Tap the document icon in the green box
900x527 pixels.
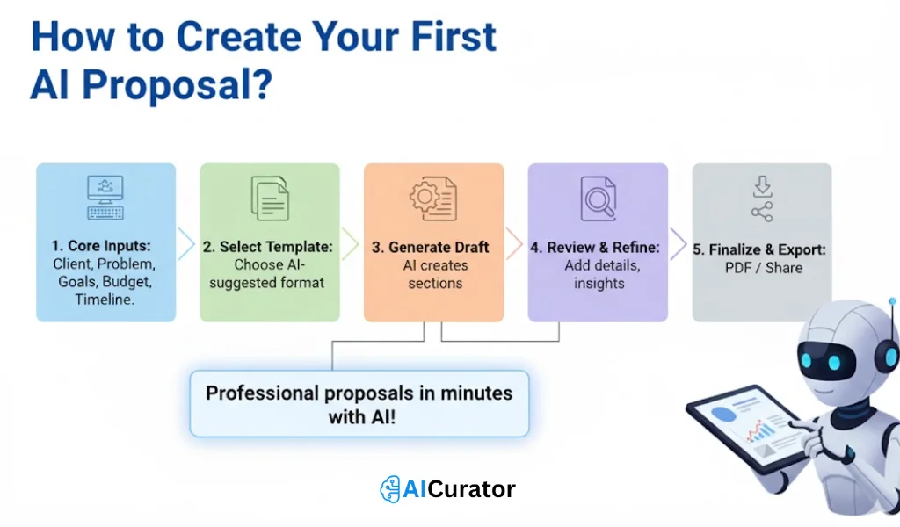tap(269, 198)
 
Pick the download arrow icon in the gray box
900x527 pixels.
tap(762, 185)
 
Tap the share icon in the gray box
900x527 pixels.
tap(762, 213)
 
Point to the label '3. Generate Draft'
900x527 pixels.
tap(433, 247)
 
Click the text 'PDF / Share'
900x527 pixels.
tap(763, 268)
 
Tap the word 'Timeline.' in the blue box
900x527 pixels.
tap(105, 300)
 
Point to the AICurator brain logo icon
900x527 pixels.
tap(389, 489)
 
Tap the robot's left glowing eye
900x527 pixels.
tap(809, 361)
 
